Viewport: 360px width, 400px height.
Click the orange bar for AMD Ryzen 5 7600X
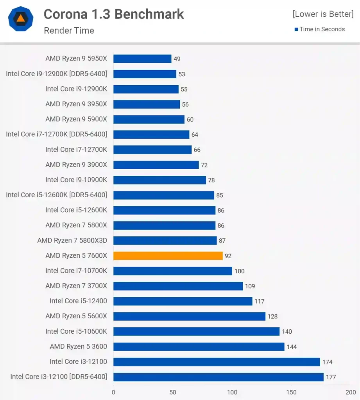point(168,256)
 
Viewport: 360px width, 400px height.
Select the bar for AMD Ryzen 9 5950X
point(142,59)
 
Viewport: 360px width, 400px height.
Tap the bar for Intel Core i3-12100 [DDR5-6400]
point(218,377)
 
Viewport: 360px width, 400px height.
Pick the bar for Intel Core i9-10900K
point(159,180)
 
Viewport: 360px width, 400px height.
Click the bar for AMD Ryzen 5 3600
point(199,346)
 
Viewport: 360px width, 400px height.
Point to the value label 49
point(177,59)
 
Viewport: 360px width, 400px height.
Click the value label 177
point(331,377)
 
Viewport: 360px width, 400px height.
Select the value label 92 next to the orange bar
point(228,256)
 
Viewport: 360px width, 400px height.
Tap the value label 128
point(272,316)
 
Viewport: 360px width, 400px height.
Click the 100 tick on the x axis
point(232,392)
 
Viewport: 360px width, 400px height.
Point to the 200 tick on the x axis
point(351,392)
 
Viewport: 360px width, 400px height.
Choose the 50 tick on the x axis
point(173,392)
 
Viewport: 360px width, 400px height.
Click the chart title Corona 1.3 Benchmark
point(114,14)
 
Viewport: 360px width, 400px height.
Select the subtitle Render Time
point(69,30)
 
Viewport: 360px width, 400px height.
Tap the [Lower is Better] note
point(323,14)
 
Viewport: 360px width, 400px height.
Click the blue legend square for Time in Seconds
point(296,29)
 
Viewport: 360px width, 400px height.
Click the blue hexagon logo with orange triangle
point(20,19)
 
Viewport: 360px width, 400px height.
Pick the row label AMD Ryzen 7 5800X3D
point(72,241)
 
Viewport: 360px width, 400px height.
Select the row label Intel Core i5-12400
point(78,301)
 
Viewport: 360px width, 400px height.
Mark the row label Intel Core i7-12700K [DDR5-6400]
point(56,134)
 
